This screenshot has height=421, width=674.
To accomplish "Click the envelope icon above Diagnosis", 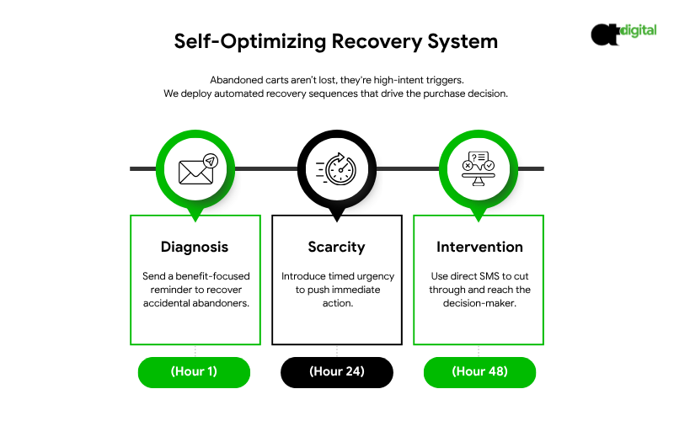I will (x=195, y=169).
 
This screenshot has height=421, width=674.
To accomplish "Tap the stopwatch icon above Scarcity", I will (x=336, y=169).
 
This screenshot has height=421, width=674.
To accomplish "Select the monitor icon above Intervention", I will (x=478, y=169).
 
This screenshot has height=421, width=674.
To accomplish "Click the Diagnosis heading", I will (x=195, y=248).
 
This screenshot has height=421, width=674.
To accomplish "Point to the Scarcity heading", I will (x=336, y=248).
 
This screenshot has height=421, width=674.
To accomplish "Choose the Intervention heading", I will (x=479, y=248).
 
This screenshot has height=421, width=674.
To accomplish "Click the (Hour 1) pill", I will (x=195, y=371).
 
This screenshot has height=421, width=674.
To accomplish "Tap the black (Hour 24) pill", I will (x=336, y=371).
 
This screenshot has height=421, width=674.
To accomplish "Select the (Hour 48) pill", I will (x=479, y=371).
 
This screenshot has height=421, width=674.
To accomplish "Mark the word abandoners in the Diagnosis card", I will (x=222, y=303).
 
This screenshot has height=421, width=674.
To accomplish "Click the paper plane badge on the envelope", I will (x=209, y=160).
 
